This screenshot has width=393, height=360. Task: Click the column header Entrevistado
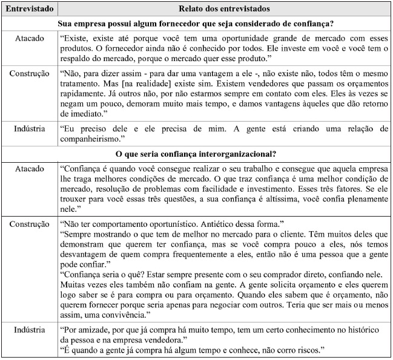click(28, 9)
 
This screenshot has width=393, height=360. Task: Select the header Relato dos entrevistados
click(224, 9)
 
